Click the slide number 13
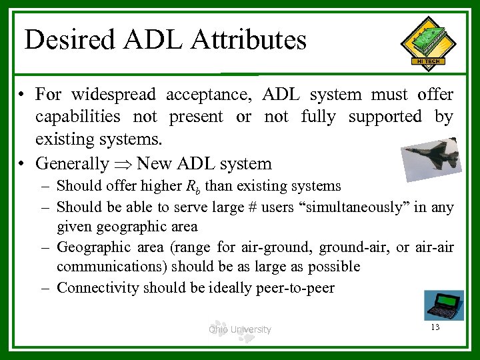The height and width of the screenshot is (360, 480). (435, 327)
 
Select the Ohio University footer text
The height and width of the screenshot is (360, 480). (239, 329)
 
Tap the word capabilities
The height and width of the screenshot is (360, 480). (78, 117)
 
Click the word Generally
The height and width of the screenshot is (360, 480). (72, 163)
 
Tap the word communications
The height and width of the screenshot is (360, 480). (112, 267)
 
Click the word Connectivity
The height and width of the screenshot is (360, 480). (98, 288)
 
